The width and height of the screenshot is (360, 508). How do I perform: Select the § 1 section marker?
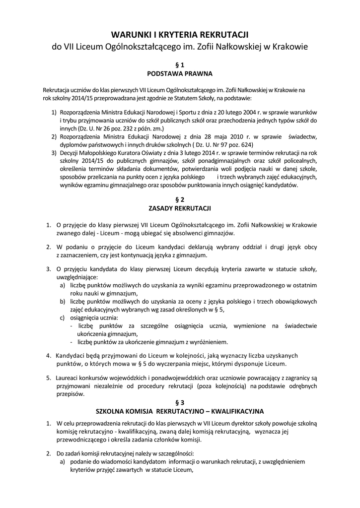tap(180, 65)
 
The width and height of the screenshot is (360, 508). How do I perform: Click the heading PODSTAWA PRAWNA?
tap(180, 74)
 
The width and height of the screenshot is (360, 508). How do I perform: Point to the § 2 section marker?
tap(180, 199)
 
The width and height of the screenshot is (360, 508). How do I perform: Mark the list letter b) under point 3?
tap(63, 301)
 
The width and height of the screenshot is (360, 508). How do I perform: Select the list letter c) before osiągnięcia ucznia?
tap(63, 317)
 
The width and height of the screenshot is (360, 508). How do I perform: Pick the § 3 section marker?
tap(180, 402)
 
